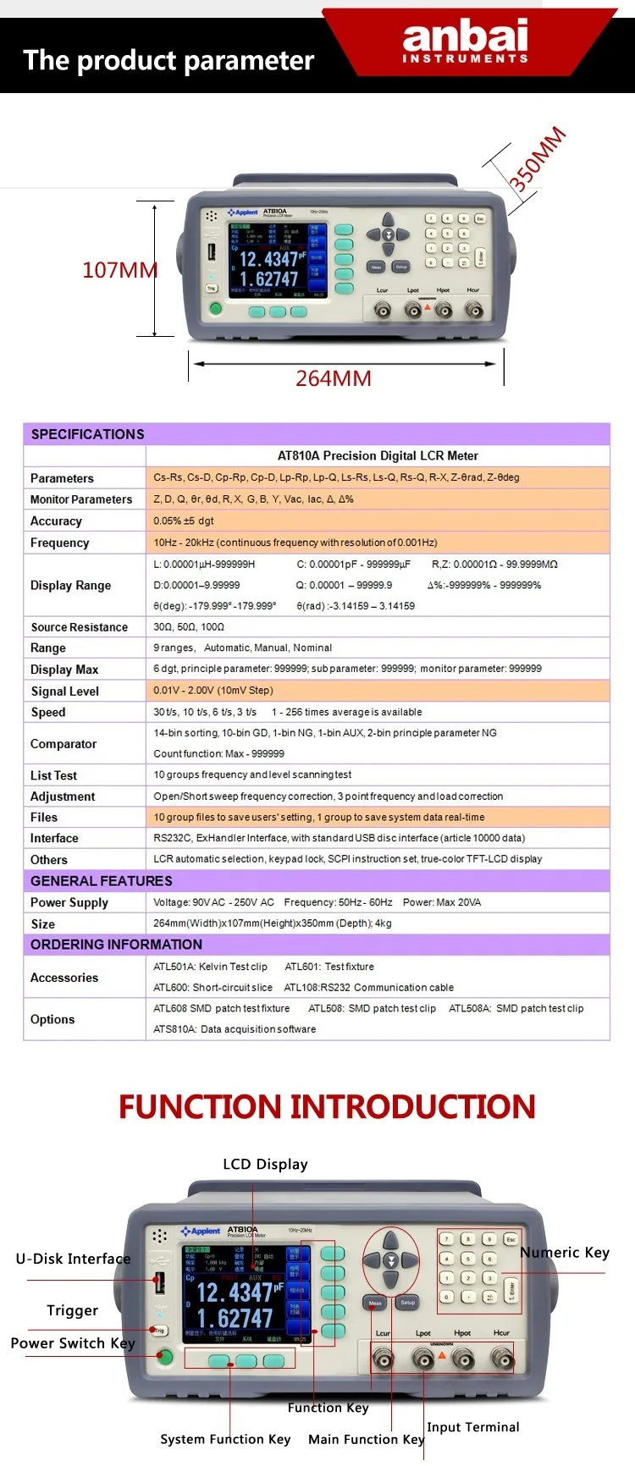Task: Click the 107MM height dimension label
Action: coord(119,270)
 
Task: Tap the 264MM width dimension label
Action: coord(333,378)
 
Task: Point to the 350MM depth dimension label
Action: coord(537,158)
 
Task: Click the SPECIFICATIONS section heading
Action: coord(87,434)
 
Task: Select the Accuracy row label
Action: coord(56,521)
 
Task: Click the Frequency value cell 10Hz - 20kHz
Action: coord(295,543)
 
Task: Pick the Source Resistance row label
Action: coord(79,627)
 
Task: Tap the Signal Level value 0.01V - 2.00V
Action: coord(213,691)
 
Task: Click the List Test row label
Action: coord(53,775)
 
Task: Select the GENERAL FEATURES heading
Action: coord(101,881)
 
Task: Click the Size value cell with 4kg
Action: coord(272,923)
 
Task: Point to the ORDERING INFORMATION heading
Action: coord(116,945)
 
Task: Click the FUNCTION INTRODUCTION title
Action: coord(327,1106)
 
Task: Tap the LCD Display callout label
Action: coord(265,1165)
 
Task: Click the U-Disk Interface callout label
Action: coord(73,1259)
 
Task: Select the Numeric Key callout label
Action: coord(565,1253)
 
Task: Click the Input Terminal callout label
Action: coord(473,1427)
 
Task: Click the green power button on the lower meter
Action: coord(165,1358)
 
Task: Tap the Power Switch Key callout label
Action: coord(73,1343)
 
